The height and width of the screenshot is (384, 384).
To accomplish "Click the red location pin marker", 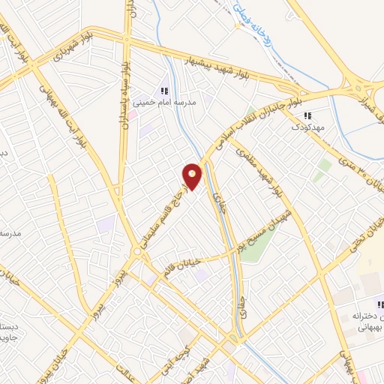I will pyautogui.click(x=192, y=176).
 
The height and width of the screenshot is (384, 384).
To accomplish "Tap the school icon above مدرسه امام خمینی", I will pyautogui.click(x=164, y=91).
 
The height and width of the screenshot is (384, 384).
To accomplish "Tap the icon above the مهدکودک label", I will pyautogui.click(x=307, y=116).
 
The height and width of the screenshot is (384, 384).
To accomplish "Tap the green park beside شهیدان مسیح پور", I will pyautogui.click(x=251, y=248).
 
